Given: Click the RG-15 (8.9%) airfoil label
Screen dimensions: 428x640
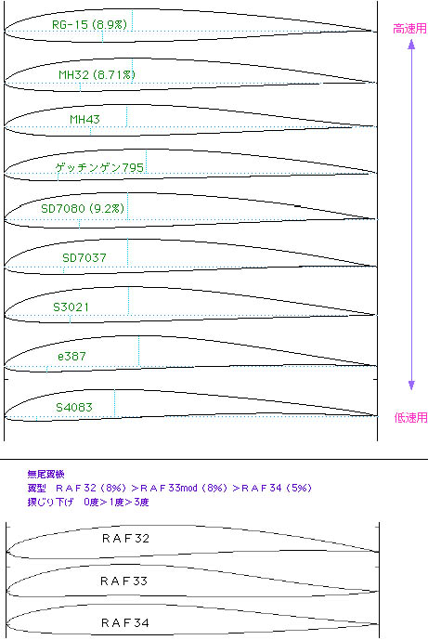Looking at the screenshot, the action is click(89, 24).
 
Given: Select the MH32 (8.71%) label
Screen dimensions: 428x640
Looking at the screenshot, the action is click(97, 74).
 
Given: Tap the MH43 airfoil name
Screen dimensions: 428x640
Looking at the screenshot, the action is click(84, 120).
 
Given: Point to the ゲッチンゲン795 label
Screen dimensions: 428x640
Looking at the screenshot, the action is click(99, 167).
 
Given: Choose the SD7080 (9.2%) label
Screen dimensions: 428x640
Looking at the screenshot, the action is click(83, 209).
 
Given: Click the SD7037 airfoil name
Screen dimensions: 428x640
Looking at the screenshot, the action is click(84, 258).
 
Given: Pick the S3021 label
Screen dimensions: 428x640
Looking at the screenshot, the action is click(71, 307).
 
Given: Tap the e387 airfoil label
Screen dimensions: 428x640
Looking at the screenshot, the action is click(71, 357).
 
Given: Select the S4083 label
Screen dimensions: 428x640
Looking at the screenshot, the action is click(74, 408).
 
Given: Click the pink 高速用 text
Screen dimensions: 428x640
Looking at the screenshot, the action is click(409, 29).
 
